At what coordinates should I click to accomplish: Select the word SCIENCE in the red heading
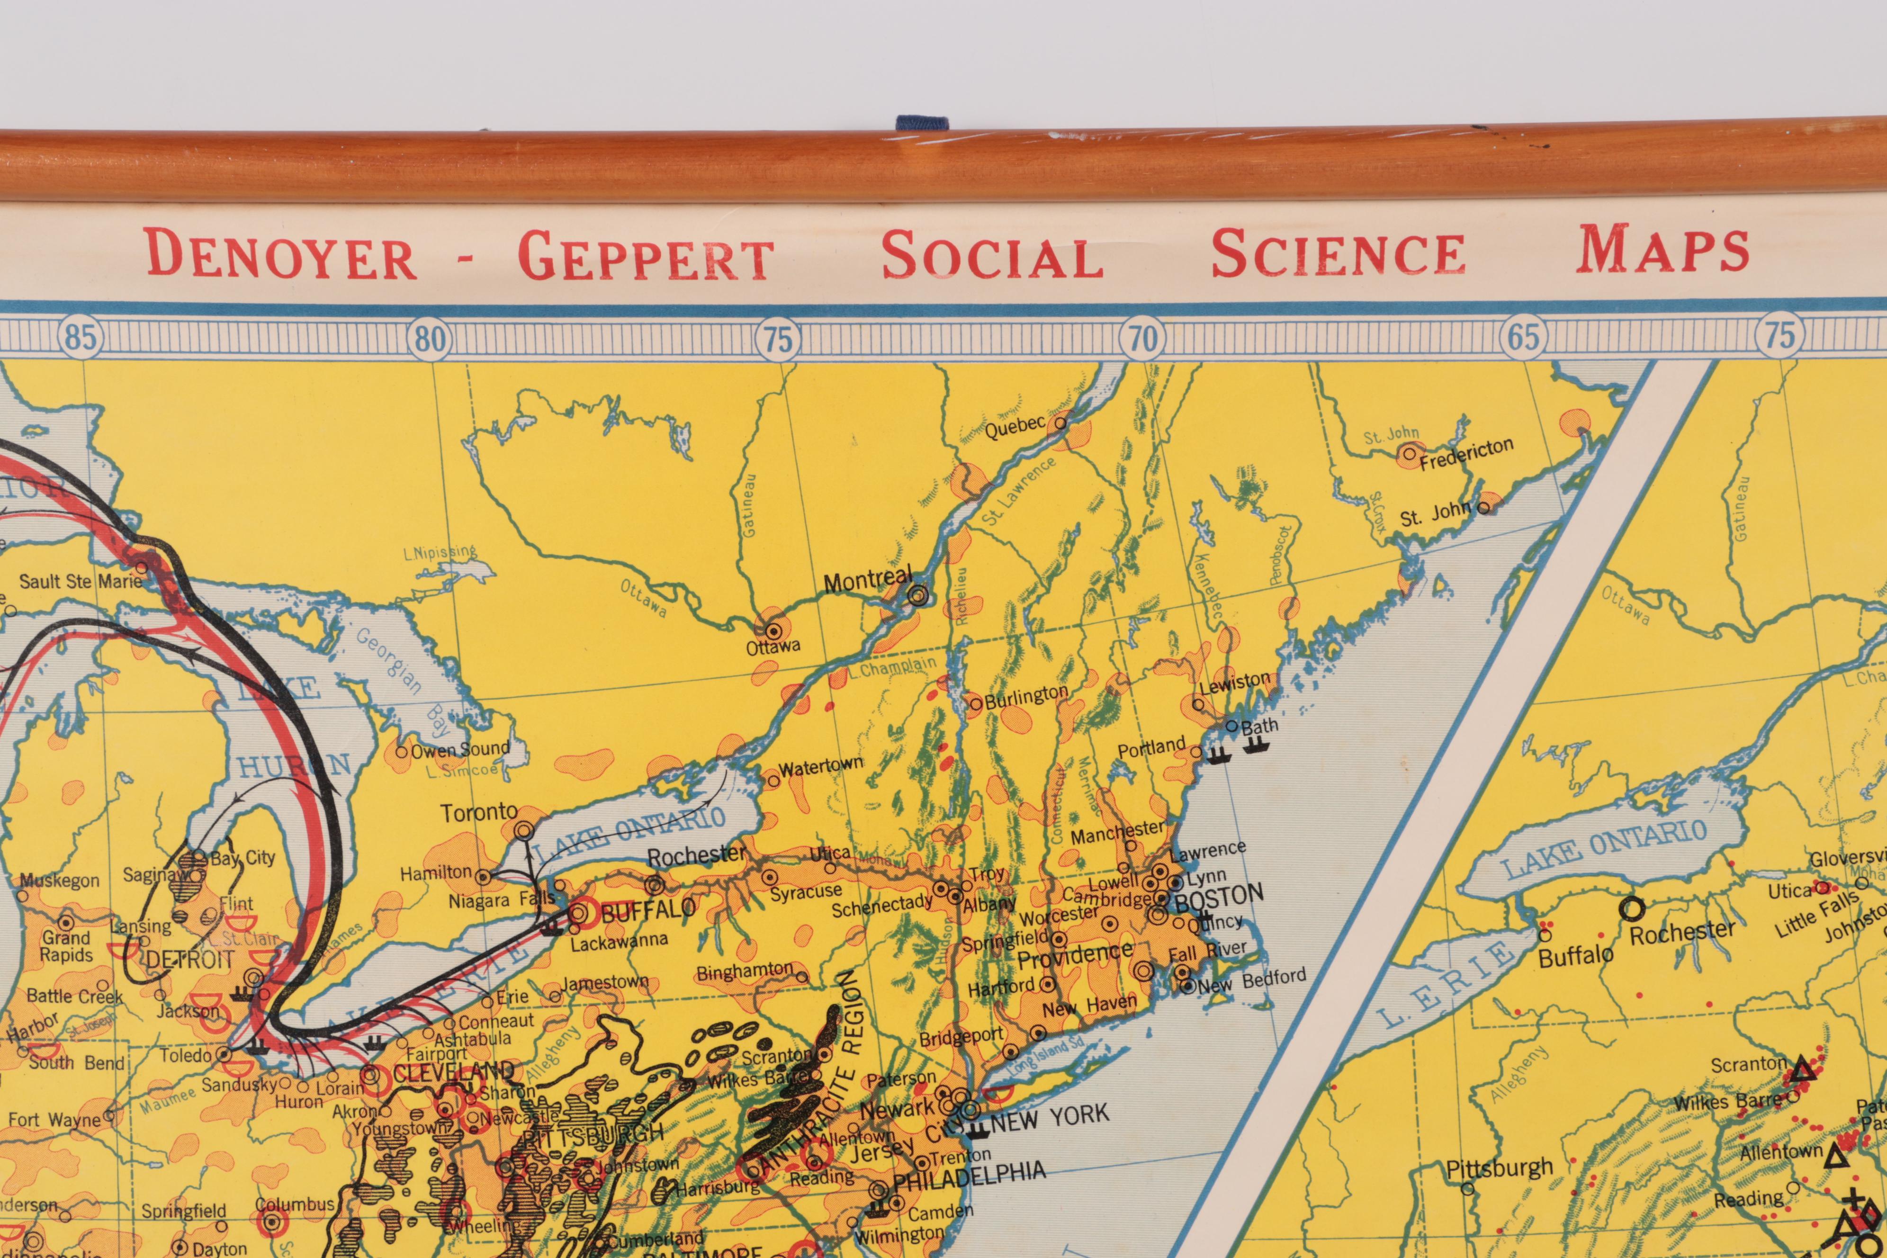click(x=1338, y=253)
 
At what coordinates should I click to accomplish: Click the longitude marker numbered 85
click(x=80, y=338)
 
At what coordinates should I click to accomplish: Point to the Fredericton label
click(x=1466, y=454)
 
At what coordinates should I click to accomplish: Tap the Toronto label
click(x=479, y=812)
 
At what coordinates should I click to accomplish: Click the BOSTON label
click(x=1219, y=895)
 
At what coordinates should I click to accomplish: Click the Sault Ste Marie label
click(x=80, y=581)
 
